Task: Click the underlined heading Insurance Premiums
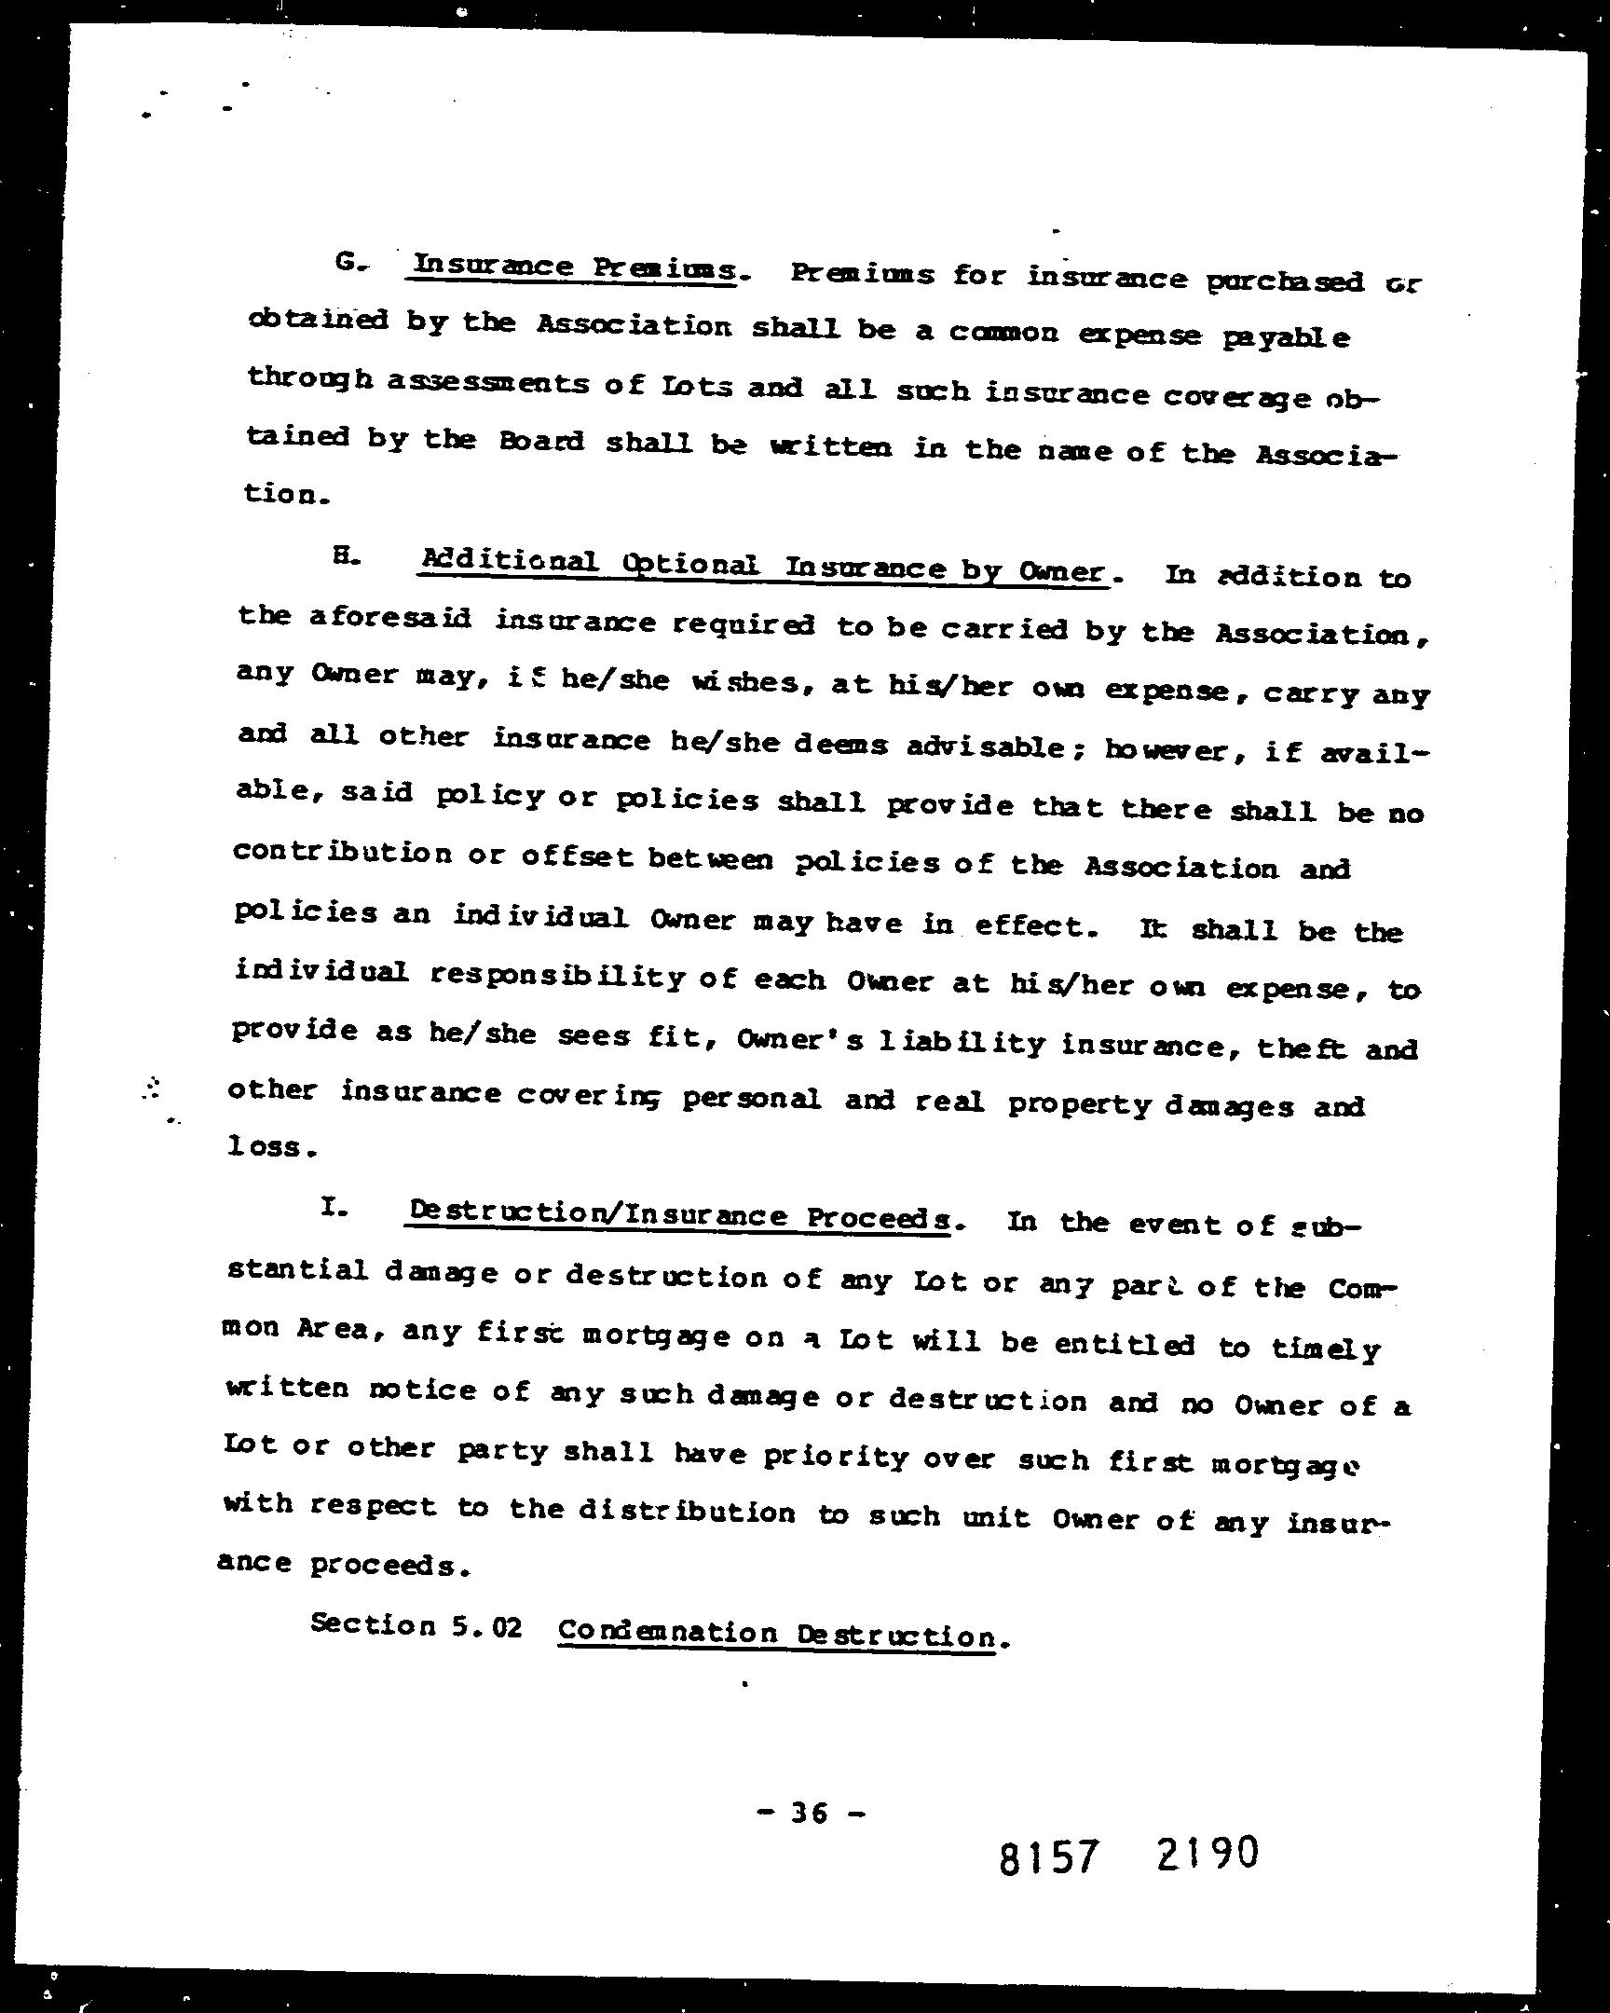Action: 574,268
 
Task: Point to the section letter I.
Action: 334,1207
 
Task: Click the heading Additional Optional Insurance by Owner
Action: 763,568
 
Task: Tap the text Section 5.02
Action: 416,1625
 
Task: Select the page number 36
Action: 809,1814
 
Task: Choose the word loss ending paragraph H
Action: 266,1146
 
